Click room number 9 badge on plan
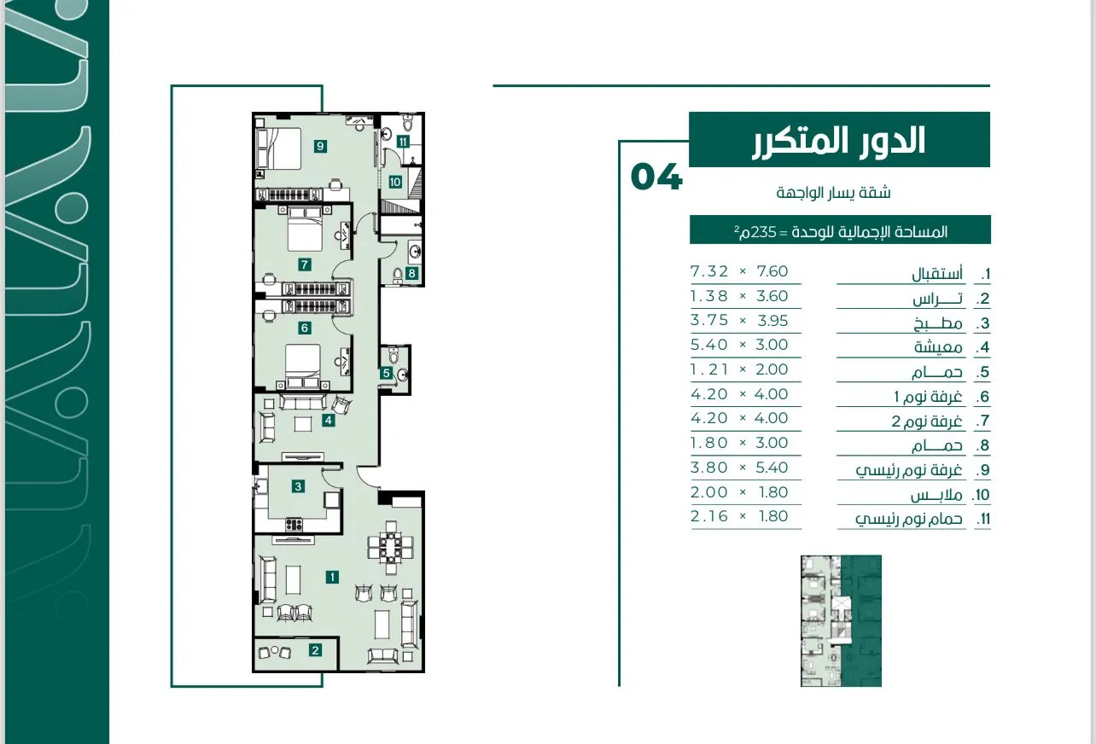pos(320,146)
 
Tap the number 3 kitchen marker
pos(298,486)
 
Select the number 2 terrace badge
pos(315,650)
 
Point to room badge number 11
pos(402,142)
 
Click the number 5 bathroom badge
pos(386,373)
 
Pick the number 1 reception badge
pos(332,578)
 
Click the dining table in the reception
pos(390,548)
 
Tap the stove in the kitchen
pos(294,525)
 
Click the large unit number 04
pos(656,177)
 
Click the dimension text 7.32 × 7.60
pos(739,271)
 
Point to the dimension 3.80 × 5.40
pos(739,468)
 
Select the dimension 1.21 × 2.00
pos(739,369)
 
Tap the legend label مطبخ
pos(938,323)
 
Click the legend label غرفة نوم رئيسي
pos(908,470)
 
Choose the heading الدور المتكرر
pos(838,141)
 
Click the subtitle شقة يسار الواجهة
pos(833,193)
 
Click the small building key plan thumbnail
pos(841,621)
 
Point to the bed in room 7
pos(305,229)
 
